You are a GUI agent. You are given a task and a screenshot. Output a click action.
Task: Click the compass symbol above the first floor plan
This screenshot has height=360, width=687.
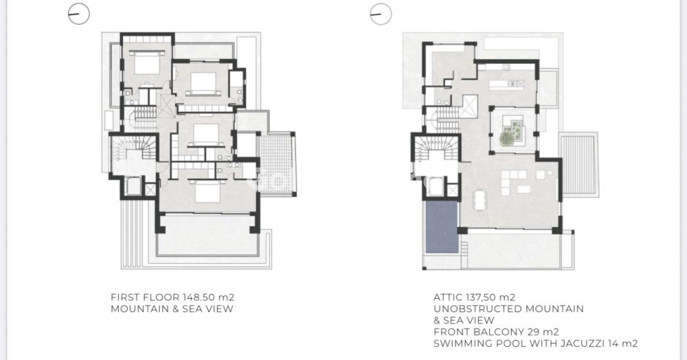tap(79, 14)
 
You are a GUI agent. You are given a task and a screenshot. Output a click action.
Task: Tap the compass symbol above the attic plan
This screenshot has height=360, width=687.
tap(381, 14)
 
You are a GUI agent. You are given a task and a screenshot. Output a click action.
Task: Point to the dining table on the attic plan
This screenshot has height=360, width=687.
tap(480, 201)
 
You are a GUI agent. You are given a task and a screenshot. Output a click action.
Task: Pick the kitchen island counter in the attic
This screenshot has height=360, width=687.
tap(507, 84)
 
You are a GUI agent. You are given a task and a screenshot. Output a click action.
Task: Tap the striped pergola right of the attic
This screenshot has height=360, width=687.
tap(578, 165)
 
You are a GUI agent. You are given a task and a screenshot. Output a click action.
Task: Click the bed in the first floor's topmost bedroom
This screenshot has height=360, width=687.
tap(147, 63)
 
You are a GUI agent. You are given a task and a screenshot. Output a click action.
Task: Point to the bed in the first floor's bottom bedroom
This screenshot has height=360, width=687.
tap(207, 192)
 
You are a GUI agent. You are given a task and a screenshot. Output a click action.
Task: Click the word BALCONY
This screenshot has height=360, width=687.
tap(497, 332)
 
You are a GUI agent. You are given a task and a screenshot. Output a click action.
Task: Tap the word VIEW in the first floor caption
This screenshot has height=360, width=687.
tap(219, 308)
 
